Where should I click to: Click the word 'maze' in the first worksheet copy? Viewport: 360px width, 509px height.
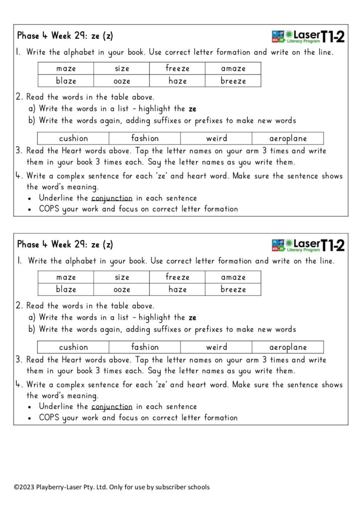66,69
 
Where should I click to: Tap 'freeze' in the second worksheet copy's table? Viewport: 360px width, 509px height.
178,277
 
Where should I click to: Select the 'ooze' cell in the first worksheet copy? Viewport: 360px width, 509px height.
121,81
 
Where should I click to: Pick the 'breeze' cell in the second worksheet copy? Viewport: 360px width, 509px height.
233,289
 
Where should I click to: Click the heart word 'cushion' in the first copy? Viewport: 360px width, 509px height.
73,139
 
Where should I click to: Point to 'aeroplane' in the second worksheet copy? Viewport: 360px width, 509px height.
288,347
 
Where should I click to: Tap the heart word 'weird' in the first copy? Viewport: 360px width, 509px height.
216,139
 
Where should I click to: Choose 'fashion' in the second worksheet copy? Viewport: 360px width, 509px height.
145,347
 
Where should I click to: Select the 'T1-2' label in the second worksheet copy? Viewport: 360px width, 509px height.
333,245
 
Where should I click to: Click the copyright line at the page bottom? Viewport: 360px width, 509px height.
112,487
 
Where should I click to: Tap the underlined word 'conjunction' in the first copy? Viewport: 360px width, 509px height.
112,198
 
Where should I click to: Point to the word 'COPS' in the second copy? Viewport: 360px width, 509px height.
49,418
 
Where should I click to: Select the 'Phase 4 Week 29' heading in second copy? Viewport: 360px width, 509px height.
65,245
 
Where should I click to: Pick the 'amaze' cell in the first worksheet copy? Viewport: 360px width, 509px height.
233,69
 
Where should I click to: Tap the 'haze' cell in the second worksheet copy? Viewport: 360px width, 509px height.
178,289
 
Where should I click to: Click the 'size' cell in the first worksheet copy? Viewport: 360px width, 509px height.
121,69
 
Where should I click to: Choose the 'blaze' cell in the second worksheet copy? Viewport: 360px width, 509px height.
66,289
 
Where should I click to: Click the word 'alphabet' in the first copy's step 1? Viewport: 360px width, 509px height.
87,52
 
